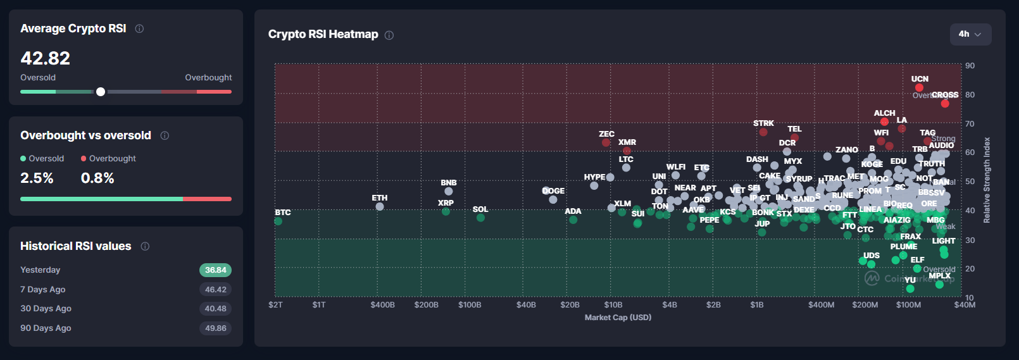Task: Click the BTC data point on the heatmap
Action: (278, 221)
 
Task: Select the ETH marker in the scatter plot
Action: (380, 206)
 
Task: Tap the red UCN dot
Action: (919, 88)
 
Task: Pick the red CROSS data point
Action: (945, 104)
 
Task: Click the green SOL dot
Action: (481, 218)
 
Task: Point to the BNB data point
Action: (449, 191)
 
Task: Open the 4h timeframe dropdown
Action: (970, 34)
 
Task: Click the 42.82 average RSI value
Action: (46, 58)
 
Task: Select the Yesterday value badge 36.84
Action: (215, 270)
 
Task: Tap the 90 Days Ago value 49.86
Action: (215, 328)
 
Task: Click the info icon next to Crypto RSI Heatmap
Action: (389, 35)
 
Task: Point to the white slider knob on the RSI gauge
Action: (101, 92)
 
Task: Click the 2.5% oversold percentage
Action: (37, 178)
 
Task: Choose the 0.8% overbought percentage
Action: (97, 178)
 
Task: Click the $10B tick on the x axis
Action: (613, 305)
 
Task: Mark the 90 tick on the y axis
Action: (970, 66)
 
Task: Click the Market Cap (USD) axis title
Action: (618, 318)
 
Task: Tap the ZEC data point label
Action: (606, 134)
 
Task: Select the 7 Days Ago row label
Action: (43, 290)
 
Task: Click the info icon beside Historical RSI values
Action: (145, 247)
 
